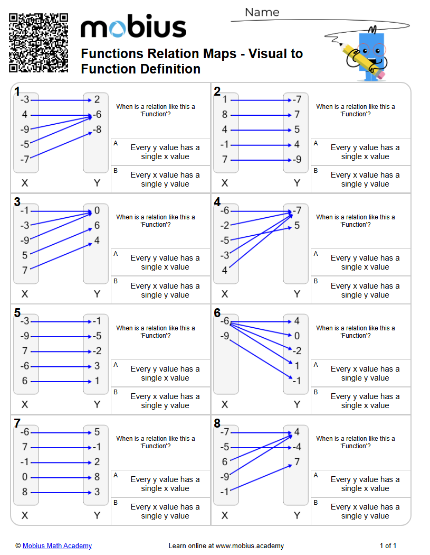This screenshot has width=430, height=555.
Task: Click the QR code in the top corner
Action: tap(39, 43)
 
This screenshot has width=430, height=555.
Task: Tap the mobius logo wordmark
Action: tap(133, 28)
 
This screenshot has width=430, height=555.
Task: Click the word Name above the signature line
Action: tap(262, 12)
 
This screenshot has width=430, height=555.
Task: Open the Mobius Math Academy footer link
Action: tap(57, 545)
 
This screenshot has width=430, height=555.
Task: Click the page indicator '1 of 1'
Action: tap(388, 545)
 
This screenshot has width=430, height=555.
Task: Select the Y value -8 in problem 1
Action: tap(97, 129)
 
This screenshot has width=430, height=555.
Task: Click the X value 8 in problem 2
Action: tap(225, 115)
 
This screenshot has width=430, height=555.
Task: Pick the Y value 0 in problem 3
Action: tap(97, 211)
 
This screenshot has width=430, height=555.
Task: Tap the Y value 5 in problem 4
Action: tap(297, 226)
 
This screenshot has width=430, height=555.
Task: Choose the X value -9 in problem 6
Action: tap(225, 336)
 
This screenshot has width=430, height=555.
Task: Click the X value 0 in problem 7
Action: tap(25, 477)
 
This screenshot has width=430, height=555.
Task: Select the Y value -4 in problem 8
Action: tap(297, 447)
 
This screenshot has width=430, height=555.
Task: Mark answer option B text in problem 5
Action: tap(165, 401)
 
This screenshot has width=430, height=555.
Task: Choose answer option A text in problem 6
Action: tap(365, 373)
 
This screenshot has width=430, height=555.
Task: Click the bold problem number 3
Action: tap(17, 202)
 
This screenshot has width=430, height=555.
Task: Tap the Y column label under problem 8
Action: tap(297, 515)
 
